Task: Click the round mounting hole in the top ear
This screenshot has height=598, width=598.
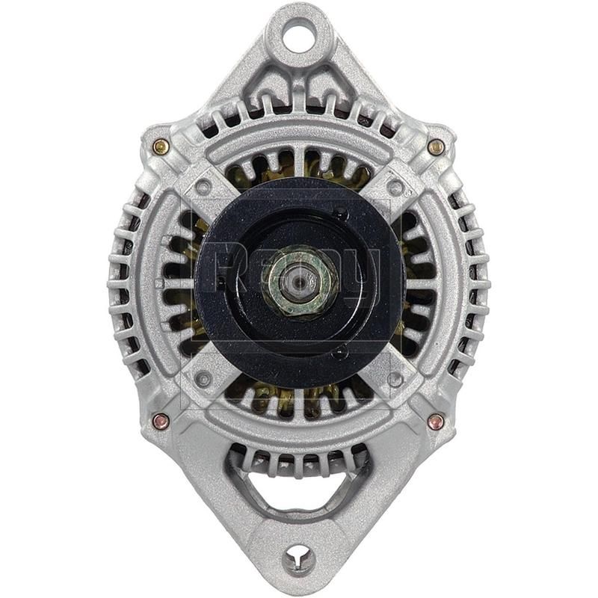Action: [x=299, y=34]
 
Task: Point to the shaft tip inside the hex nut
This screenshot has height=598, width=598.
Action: [x=301, y=276]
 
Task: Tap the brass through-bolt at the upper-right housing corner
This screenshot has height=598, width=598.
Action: [x=437, y=147]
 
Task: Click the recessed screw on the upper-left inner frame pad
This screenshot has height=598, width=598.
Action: [x=203, y=187]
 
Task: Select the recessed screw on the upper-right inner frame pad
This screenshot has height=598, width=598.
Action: [x=395, y=188]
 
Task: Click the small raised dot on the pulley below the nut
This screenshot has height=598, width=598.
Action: [x=340, y=351]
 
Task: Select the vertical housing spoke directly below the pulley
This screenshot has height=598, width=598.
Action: [x=300, y=404]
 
